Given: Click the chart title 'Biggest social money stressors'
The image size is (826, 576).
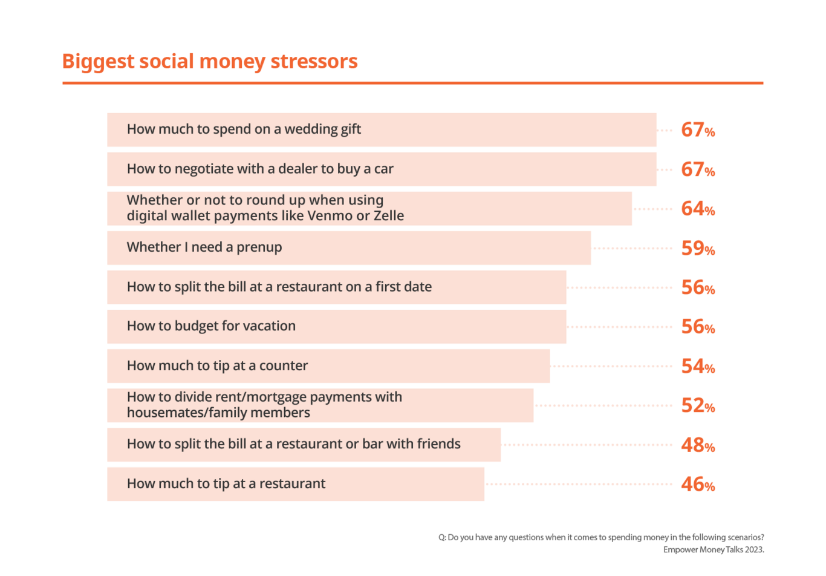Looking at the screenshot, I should click(210, 62).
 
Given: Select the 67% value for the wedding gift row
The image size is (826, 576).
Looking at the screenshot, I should click(698, 130).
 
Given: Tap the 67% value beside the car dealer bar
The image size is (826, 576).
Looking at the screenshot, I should click(698, 169).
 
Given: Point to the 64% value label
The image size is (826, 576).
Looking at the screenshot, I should click(698, 209).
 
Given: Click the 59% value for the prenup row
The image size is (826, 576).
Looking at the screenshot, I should click(698, 248).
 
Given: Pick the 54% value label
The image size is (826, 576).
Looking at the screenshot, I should click(698, 366).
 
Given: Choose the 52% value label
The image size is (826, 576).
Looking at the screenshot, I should click(698, 405).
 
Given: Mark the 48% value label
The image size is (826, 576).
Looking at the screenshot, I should click(698, 445).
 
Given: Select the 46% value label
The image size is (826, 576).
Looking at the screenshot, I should click(698, 485).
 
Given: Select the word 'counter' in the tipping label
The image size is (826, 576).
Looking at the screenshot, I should click(283, 366).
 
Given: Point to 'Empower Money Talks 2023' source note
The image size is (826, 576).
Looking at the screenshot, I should click(714, 550).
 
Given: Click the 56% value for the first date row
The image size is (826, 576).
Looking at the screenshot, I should click(698, 287).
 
